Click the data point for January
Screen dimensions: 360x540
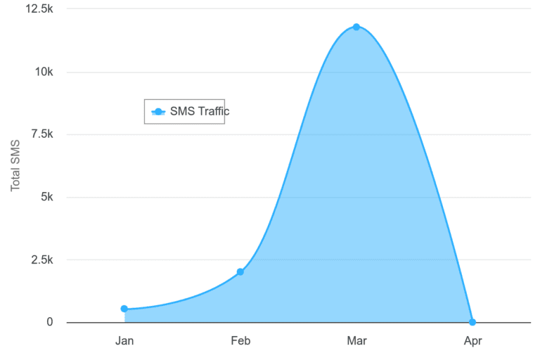click(x=124, y=309)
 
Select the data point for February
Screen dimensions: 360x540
click(x=240, y=272)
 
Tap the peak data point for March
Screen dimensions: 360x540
click(x=356, y=27)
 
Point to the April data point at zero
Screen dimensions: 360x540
click(x=472, y=322)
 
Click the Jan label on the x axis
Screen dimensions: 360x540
click(x=124, y=341)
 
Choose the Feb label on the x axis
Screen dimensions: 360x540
click(x=240, y=341)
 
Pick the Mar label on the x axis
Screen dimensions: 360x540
click(x=356, y=341)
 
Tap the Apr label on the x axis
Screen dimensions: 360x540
click(x=472, y=341)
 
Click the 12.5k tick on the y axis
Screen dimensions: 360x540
click(x=39, y=9)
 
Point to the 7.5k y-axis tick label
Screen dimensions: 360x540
click(x=42, y=134)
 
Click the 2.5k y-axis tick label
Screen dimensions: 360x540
click(x=42, y=259)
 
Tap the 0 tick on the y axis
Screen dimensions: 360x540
click(x=50, y=322)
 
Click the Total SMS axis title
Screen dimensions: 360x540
click(x=16, y=166)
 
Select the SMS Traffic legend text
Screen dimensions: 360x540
click(x=200, y=111)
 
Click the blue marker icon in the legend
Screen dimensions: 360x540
click(x=158, y=111)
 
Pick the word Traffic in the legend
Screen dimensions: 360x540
click(x=213, y=111)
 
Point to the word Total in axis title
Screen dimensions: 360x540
click(x=16, y=179)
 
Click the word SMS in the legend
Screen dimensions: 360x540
click(x=182, y=111)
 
